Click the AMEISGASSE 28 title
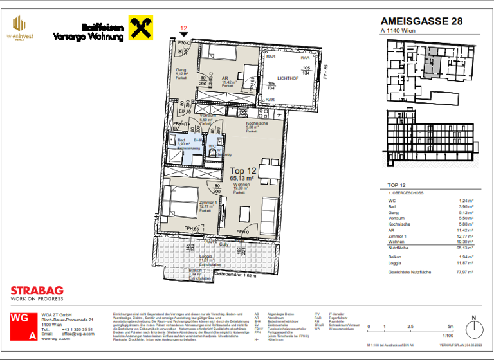[421, 21]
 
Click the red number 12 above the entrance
[183, 28]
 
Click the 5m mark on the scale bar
[450, 327]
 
